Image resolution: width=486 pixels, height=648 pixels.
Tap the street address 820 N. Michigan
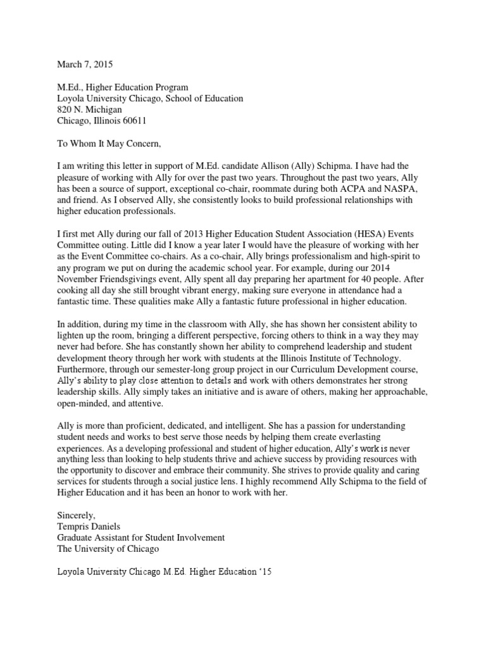[89, 109]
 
